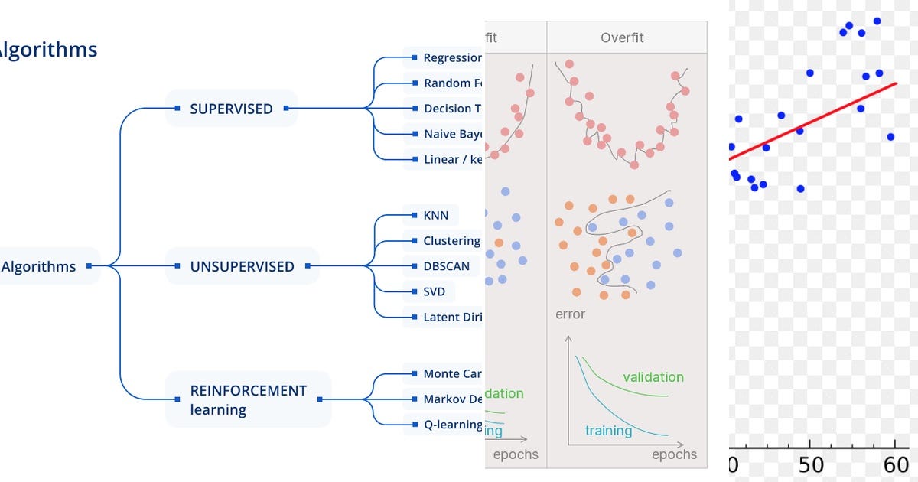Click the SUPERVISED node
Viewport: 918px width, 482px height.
(x=230, y=109)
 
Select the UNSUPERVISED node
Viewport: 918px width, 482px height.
(x=242, y=266)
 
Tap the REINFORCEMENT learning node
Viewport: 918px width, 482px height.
(x=248, y=399)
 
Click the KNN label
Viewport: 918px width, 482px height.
(x=435, y=215)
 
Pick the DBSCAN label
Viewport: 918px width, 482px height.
(x=446, y=266)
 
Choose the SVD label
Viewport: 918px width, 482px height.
(x=434, y=291)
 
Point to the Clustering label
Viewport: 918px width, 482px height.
(x=451, y=240)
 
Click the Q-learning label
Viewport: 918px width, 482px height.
(x=452, y=424)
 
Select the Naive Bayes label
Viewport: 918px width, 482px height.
(x=452, y=134)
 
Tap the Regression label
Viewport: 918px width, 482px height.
(x=452, y=57)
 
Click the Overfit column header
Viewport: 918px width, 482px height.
(x=622, y=37)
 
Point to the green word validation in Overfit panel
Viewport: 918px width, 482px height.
(x=653, y=376)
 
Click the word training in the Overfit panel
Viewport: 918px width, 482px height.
(x=608, y=431)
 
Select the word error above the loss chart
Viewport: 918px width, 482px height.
(x=570, y=314)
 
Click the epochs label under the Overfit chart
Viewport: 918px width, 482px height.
(x=674, y=454)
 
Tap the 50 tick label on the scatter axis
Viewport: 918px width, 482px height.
(x=811, y=465)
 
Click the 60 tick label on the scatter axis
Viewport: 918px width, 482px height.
(x=895, y=465)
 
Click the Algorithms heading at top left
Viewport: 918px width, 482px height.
(x=47, y=50)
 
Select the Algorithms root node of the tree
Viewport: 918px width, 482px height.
(x=40, y=266)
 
